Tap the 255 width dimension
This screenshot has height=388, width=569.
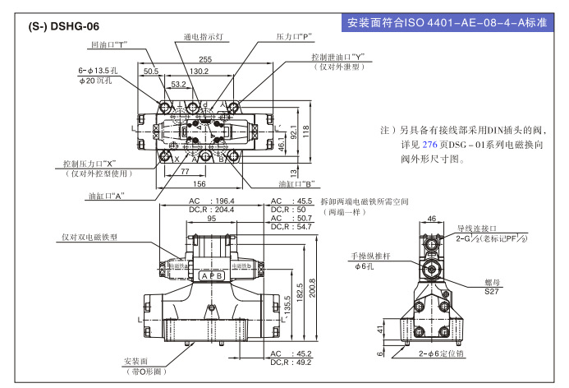coord(204,58)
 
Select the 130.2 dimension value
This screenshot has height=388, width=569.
coord(199,72)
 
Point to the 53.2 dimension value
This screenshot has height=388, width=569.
coord(178,84)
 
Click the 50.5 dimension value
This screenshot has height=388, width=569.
coord(151,72)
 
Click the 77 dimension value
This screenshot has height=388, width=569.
coord(185,171)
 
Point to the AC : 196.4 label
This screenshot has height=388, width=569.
coord(212,201)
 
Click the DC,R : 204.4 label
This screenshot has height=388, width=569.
coord(212,210)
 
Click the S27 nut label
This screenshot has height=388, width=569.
coord(492,290)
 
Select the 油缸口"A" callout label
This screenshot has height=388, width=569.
coord(106,196)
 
